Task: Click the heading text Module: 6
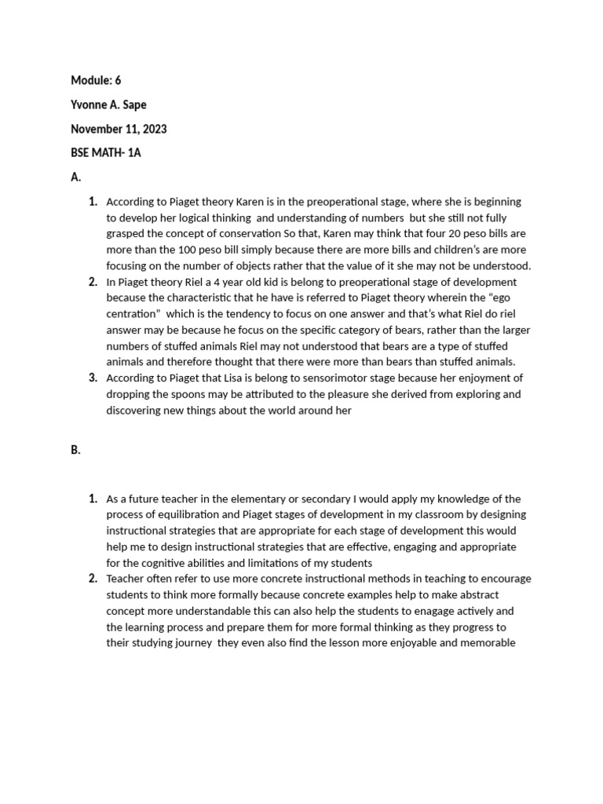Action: pyautogui.click(x=96, y=80)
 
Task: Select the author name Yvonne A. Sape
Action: pyautogui.click(x=108, y=104)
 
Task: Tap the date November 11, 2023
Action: pyautogui.click(x=119, y=129)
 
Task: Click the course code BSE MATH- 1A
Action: pyautogui.click(x=106, y=153)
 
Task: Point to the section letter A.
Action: pyautogui.click(x=75, y=177)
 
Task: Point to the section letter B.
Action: pyautogui.click(x=75, y=451)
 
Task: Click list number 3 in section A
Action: pyautogui.click(x=92, y=378)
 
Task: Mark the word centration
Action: pyautogui.click(x=128, y=314)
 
